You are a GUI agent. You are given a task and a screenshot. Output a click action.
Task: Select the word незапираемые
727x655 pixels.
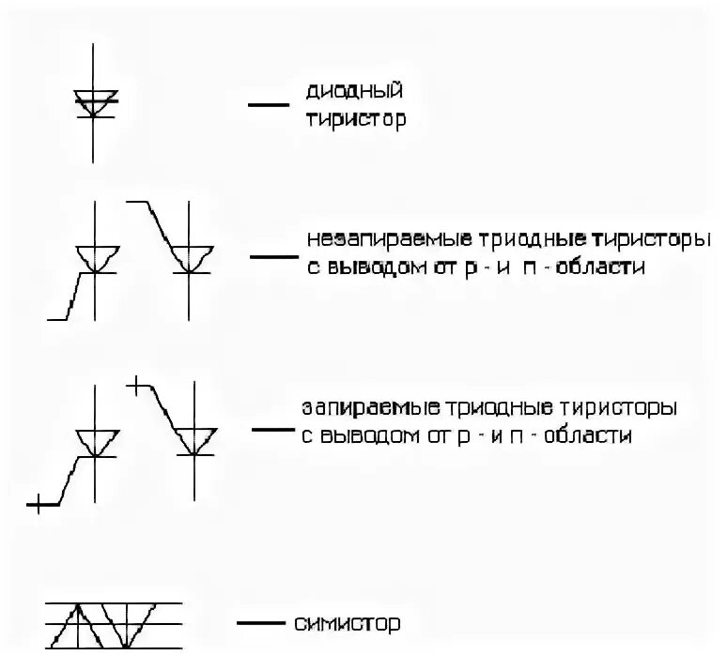pos(367,240)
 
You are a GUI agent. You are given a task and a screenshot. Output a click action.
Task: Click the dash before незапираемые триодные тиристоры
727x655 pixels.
pos(269,255)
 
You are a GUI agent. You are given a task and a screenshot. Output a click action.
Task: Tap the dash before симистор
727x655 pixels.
pos(260,623)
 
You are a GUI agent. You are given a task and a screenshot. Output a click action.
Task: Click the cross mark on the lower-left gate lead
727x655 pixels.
pos(38,506)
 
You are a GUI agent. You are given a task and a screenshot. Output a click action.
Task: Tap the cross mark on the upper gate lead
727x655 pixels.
pos(136,384)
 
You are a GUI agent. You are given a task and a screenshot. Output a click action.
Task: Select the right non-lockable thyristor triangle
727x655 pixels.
pos(193,256)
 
